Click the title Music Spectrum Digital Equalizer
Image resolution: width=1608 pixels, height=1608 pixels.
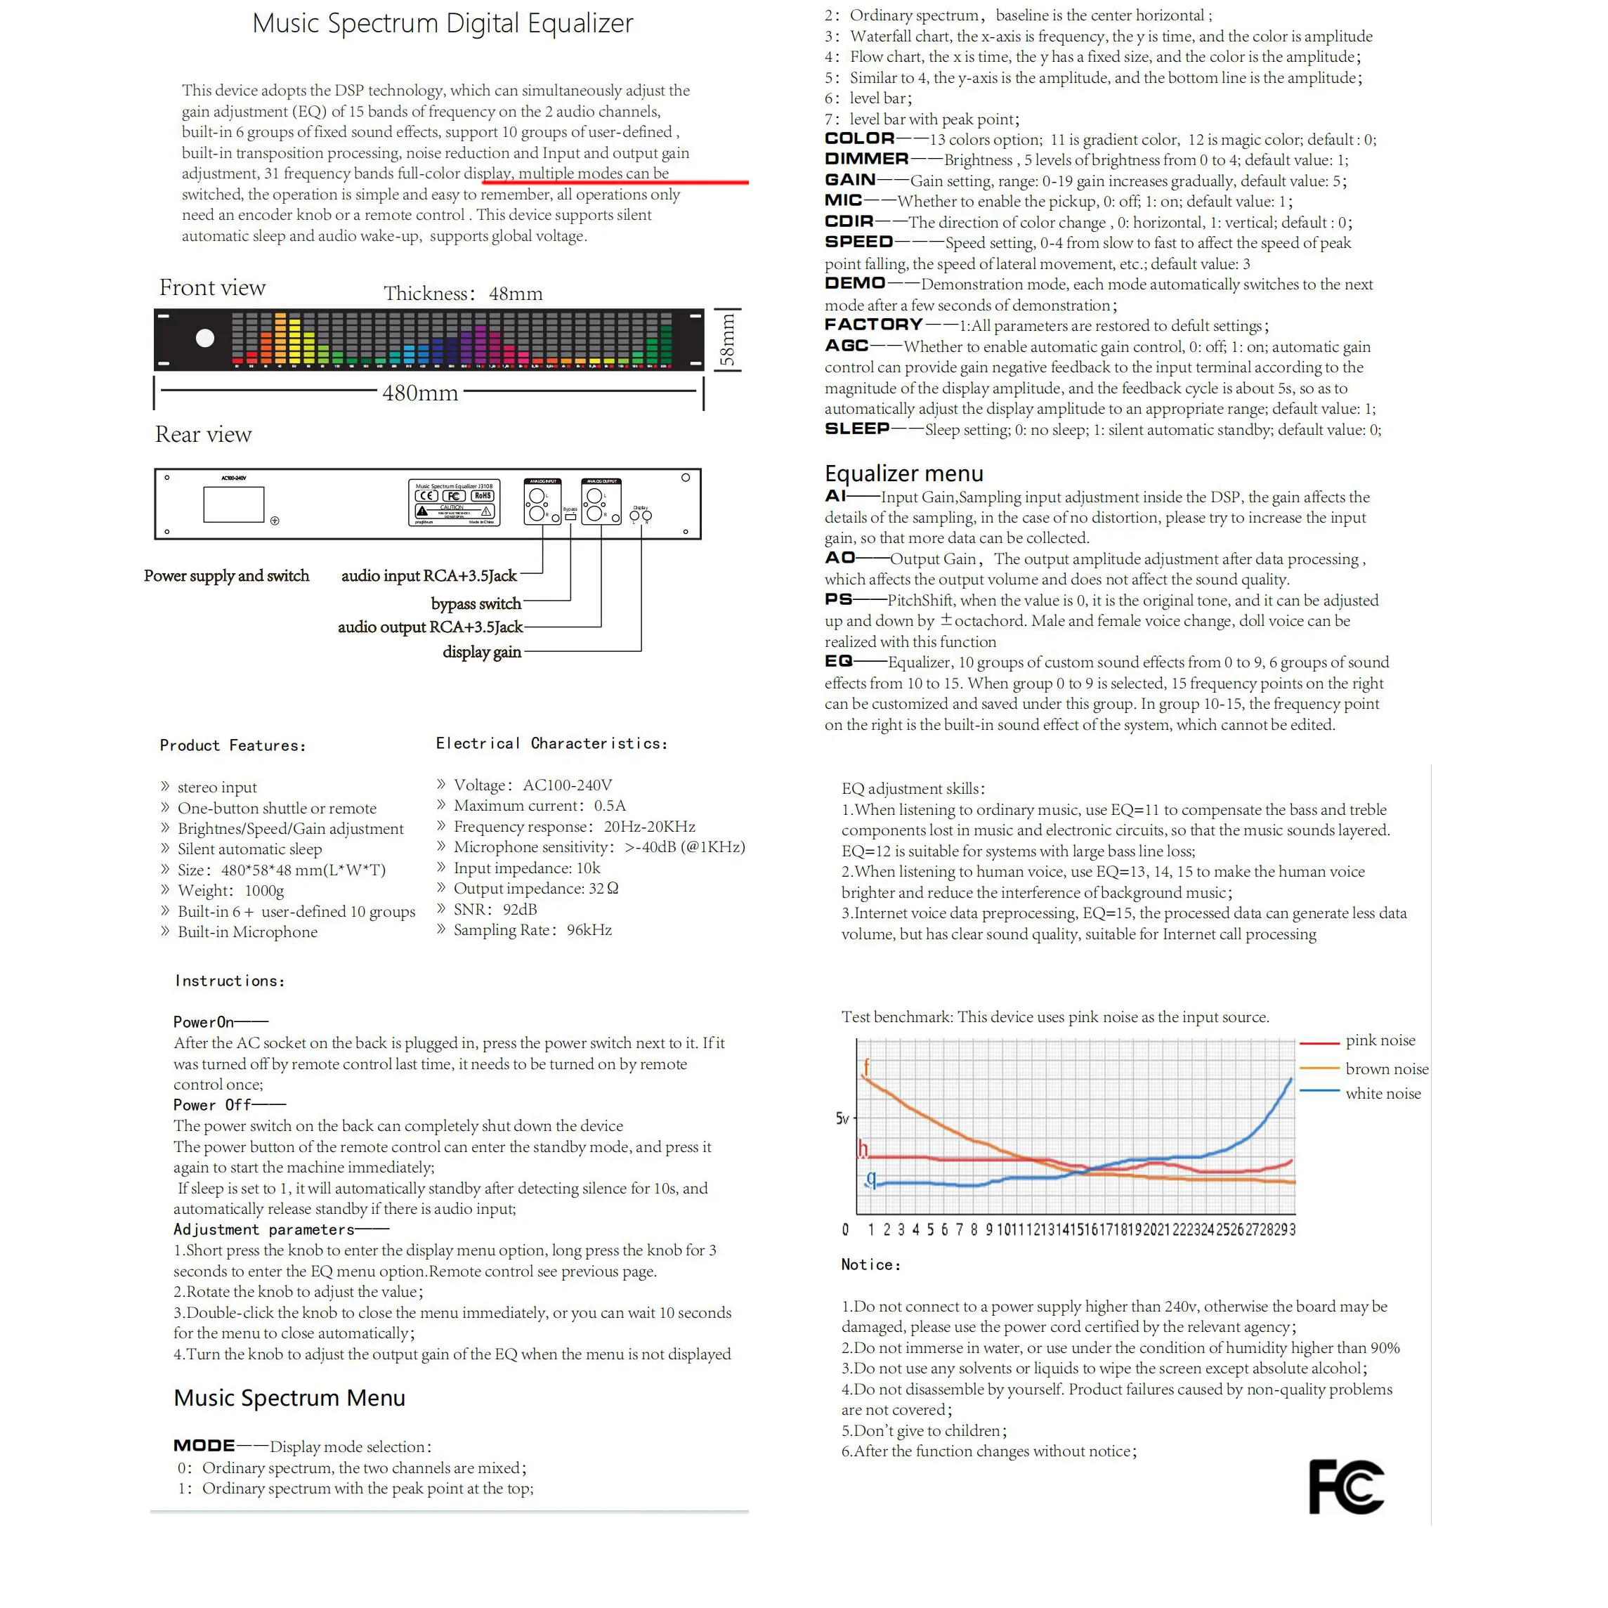click(x=442, y=23)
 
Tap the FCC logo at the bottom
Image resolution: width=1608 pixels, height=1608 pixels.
click(x=1345, y=1486)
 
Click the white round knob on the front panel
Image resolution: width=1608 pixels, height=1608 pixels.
click(x=204, y=338)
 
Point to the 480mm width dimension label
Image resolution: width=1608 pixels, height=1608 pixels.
click(x=420, y=393)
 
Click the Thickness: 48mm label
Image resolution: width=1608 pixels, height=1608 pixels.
click(x=463, y=294)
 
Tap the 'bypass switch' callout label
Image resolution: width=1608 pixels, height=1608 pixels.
click(x=476, y=603)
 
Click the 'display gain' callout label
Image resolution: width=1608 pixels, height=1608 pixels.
click(x=482, y=652)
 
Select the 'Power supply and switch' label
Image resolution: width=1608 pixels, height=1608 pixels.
click(x=226, y=576)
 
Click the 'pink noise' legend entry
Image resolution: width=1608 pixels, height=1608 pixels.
click(x=1380, y=1040)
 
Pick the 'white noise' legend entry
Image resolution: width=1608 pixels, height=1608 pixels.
click(x=1383, y=1094)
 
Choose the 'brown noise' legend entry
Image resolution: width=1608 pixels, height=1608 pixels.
click(x=1387, y=1068)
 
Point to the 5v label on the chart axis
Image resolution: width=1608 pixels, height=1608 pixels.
click(x=842, y=1118)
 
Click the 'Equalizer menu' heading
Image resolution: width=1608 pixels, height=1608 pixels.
click(x=904, y=473)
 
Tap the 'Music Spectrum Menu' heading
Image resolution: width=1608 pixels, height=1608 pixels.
click(x=289, y=1398)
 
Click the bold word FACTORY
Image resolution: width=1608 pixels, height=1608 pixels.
click(x=873, y=325)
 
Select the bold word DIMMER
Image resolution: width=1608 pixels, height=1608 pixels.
click(x=866, y=159)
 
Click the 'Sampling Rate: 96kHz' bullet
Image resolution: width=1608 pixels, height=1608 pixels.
click(x=532, y=929)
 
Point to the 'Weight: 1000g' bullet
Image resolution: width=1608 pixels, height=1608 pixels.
click(x=230, y=891)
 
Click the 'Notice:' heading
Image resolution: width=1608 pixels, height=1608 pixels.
click(x=870, y=1264)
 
